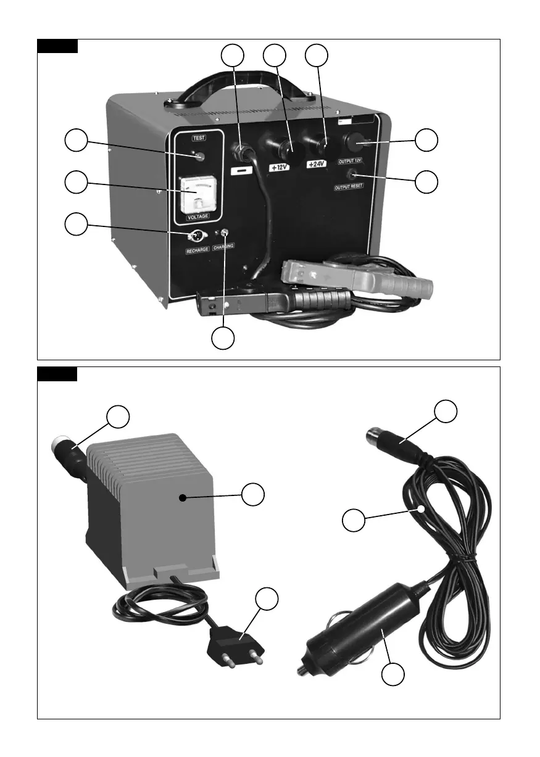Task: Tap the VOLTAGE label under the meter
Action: (x=198, y=217)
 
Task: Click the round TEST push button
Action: (x=199, y=157)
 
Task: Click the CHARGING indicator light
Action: (x=225, y=233)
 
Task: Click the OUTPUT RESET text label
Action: (x=349, y=186)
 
